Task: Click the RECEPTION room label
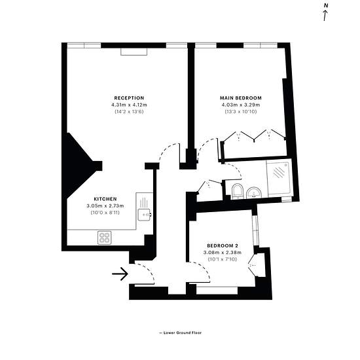[129, 98]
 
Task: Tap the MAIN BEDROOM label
[241, 98]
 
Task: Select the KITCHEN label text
[105, 199]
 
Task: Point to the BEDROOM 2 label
[223, 245]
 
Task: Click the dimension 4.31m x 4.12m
[129, 105]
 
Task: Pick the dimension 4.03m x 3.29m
[241, 105]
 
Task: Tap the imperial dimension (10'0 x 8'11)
[105, 213]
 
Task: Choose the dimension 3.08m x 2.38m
[223, 253]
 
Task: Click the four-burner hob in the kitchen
[105, 238]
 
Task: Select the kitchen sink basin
[145, 215]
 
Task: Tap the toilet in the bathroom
[237, 191]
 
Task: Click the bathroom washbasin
[253, 192]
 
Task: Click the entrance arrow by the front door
[120, 274]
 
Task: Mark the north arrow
[325, 16]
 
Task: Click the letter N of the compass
[325, 6]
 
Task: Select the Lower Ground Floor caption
[180, 333]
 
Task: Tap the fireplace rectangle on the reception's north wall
[134, 52]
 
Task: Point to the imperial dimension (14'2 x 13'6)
[129, 112]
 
